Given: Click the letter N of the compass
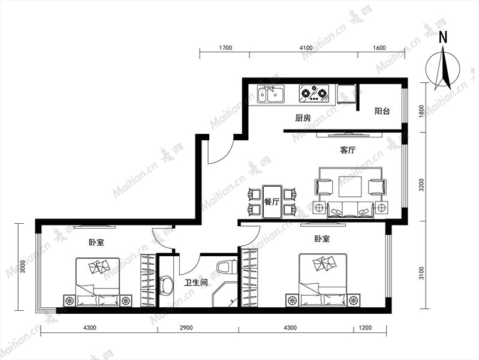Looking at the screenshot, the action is coord(443,37).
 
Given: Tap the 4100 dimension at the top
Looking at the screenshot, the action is coord(306,48).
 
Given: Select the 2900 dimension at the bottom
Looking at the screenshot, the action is coord(186,328).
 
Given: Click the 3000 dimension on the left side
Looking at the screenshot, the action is coord(22,268).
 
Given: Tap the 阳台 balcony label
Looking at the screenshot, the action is coord(382,111).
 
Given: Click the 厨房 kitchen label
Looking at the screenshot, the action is coord(303,118).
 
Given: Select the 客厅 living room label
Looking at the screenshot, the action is coord(348,150).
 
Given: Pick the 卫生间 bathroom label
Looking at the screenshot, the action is coord(196,283).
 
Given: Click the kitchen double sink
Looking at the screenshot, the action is coord(270,94).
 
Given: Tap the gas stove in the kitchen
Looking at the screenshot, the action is coord(314,93).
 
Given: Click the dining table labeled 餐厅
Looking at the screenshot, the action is coord(272,202).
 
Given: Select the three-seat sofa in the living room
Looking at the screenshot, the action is coord(350,210).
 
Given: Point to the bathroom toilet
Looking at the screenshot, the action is coord(226,266).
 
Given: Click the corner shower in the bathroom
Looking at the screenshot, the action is coord(225,294).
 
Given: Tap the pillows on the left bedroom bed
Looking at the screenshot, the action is coord(100,266).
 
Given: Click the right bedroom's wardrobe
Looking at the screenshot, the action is coord(249,278).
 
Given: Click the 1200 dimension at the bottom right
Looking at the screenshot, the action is coord(365,328).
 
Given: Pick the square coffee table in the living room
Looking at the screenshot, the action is coord(350,187).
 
